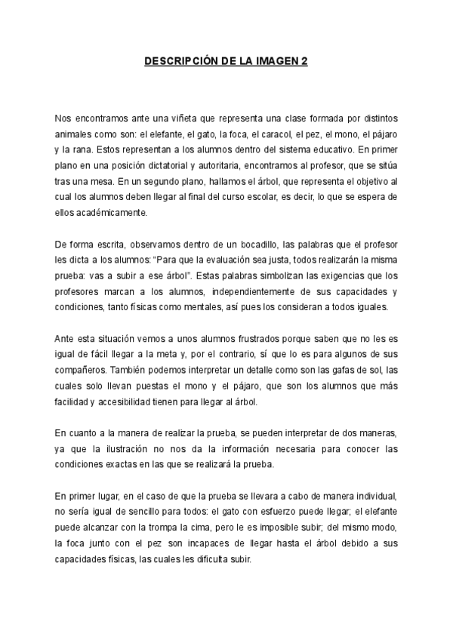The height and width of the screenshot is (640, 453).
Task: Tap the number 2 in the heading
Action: [x=304, y=62]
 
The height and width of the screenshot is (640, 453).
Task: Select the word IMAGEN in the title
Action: [x=276, y=62]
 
